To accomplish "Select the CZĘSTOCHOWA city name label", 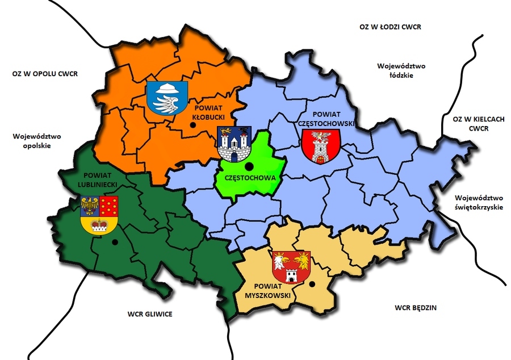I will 250,178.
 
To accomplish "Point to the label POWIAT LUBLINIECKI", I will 99,181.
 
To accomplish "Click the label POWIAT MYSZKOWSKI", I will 273,291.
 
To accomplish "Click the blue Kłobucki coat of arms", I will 167,96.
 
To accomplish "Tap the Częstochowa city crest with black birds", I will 234,144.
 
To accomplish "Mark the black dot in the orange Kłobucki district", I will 194,126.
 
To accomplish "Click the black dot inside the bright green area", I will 249,166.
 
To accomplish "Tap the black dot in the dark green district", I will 115,242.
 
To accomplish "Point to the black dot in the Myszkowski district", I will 311,284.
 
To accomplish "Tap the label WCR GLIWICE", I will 150,314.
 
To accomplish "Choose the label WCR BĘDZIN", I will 418,308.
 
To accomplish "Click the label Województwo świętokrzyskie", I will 479,203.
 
